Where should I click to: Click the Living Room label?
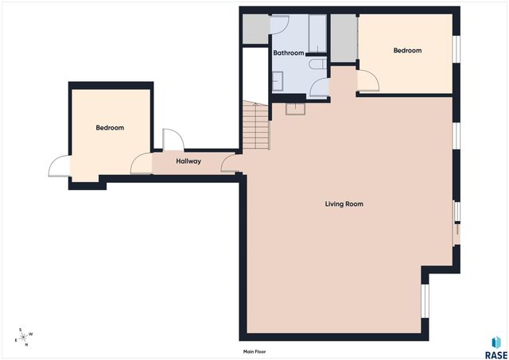coord(344,204)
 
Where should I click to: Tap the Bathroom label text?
coord(288,53)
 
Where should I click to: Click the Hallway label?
coord(188,161)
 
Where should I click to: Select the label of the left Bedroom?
coord(110,128)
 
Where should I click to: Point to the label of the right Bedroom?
coord(407,51)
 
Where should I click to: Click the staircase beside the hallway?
coord(257,127)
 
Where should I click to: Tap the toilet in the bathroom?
coord(317,65)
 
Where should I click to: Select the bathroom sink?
coord(279,79)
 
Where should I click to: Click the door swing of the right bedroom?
coord(367,80)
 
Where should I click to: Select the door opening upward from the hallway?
coord(173,140)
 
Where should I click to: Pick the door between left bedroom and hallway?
coord(142,163)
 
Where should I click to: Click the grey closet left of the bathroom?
coord(255,29)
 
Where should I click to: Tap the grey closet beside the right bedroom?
coord(343,37)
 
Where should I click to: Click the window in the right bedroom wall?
coord(457,48)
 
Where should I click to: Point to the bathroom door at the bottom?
coord(319,88)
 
